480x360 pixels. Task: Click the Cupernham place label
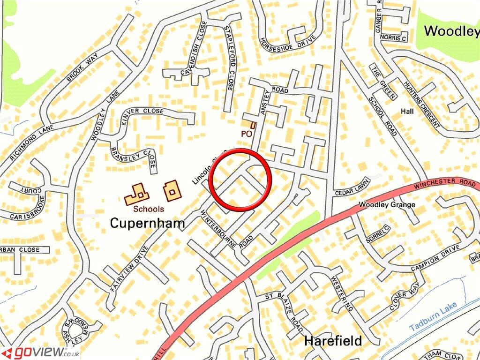pyautogui.click(x=147, y=224)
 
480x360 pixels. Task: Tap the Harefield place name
pyautogui.click(x=333, y=341)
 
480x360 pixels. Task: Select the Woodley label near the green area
pyautogui.click(x=451, y=31)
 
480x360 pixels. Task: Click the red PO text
pyautogui.click(x=247, y=134)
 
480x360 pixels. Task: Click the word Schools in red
pyautogui.click(x=149, y=209)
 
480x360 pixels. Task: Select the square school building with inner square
pyautogui.click(x=171, y=191)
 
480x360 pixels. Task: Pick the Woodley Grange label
pyautogui.click(x=387, y=205)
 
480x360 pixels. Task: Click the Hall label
pyautogui.click(x=407, y=112)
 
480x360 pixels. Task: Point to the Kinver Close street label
pyautogui.click(x=142, y=112)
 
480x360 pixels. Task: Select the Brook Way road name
pyautogui.click(x=82, y=68)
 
